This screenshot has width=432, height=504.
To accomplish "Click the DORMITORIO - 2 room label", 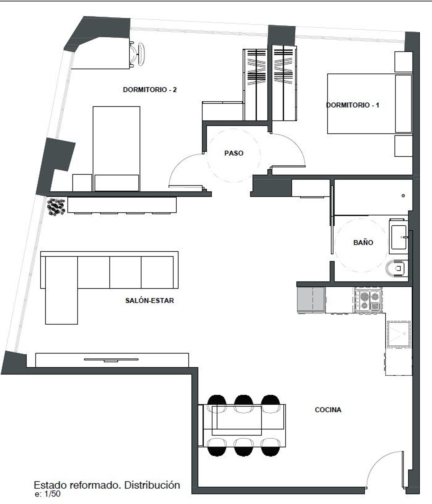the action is [x=150, y=90].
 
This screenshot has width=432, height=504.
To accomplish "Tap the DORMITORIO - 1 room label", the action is [x=353, y=105].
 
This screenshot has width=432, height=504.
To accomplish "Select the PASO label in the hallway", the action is [x=234, y=153].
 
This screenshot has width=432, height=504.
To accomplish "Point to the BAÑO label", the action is [x=363, y=243].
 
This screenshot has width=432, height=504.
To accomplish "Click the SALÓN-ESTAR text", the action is [x=149, y=301].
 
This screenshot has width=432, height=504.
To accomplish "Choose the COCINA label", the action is [x=328, y=410].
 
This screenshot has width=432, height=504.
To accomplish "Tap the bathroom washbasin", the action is [x=399, y=237].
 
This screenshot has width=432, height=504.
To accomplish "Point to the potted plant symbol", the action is [x=56, y=207].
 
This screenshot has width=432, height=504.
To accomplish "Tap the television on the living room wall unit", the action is [x=111, y=360].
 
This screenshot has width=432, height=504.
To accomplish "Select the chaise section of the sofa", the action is [x=61, y=290].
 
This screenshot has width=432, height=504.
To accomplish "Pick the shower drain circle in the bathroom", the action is [x=403, y=195].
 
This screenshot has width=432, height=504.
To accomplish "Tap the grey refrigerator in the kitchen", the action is [x=310, y=300].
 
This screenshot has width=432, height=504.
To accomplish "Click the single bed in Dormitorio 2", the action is [x=116, y=149].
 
